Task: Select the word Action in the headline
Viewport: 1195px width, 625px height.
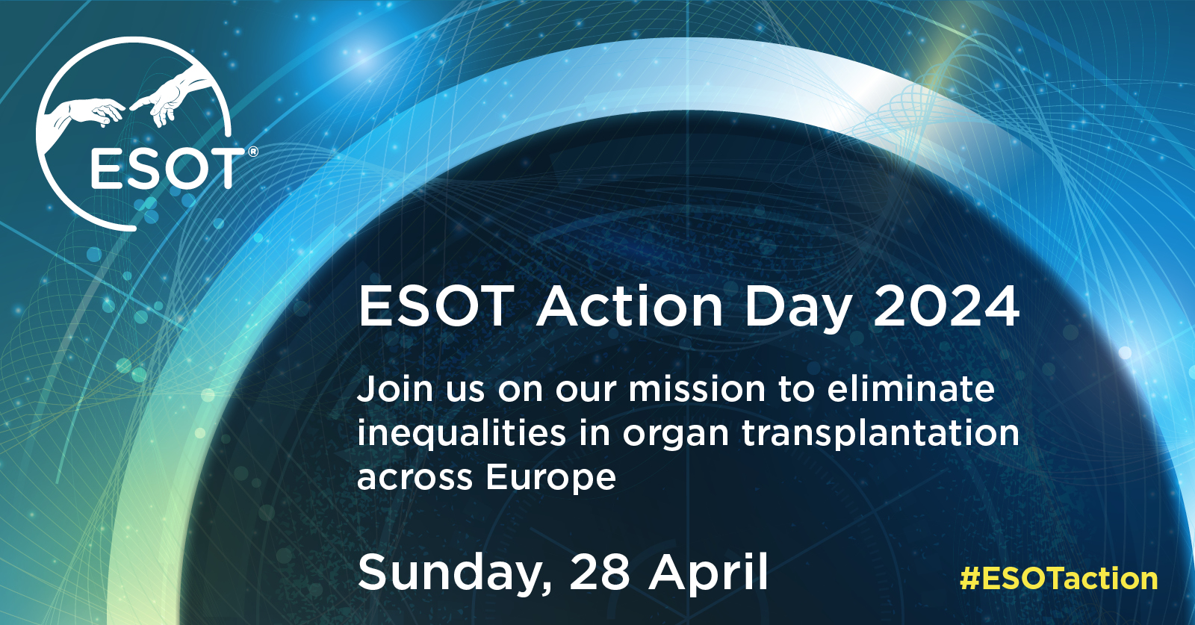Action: pos(630,307)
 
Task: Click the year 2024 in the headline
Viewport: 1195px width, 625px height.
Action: pos(946,307)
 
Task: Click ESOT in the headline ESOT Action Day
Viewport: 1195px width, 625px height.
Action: pos(436,307)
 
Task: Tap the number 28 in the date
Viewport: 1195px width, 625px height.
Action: pos(600,573)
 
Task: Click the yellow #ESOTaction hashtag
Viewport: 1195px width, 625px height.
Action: pos(1058,579)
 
